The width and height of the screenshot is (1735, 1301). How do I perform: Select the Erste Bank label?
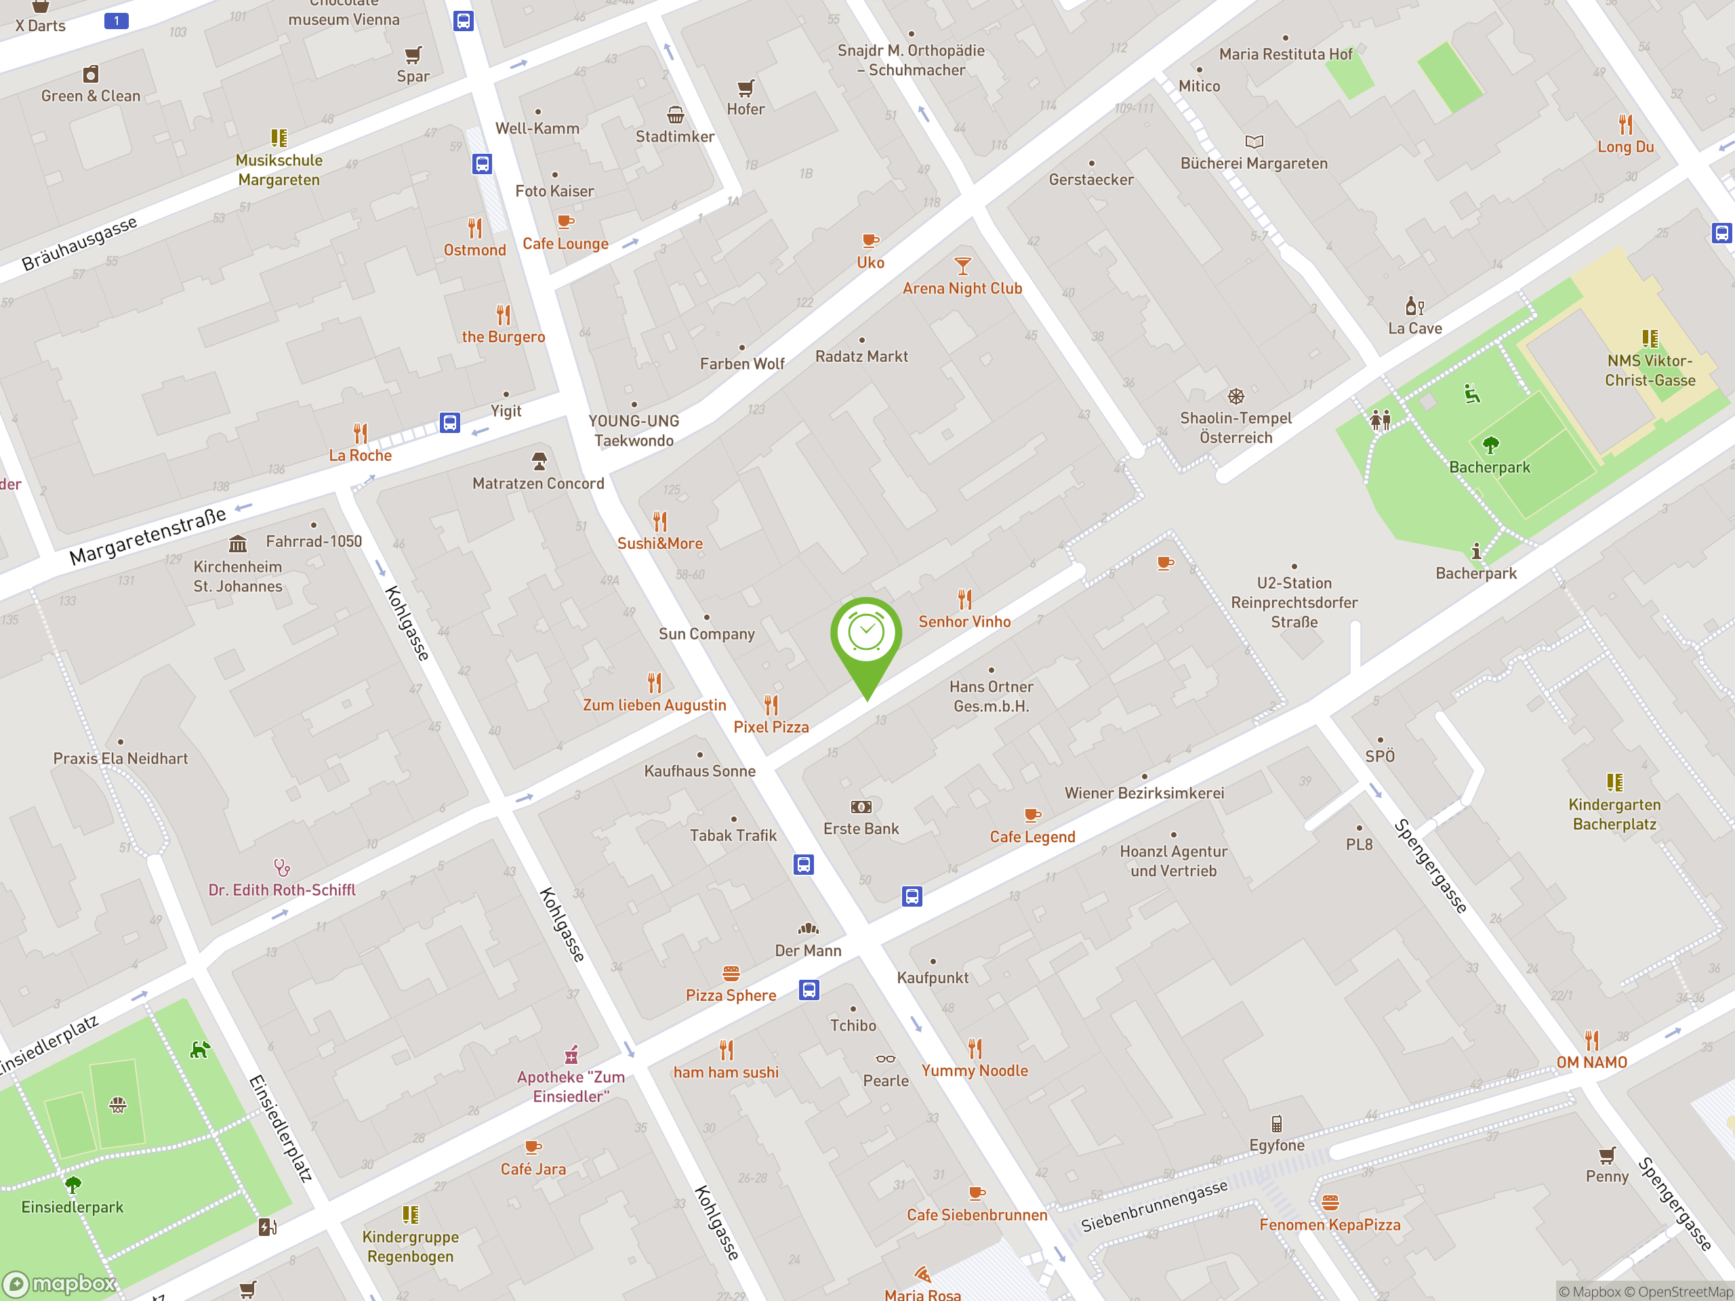pyautogui.click(x=861, y=829)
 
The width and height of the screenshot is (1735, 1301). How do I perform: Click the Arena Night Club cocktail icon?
pyautogui.click(x=962, y=266)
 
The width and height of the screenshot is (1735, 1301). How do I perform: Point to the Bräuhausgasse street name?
pyautogui.click(x=79, y=243)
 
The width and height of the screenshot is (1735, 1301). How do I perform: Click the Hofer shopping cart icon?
pyautogui.click(x=745, y=87)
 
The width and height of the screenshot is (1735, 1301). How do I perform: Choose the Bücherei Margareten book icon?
pyautogui.click(x=1254, y=142)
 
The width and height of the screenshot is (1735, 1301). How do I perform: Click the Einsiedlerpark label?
pyautogui.click(x=72, y=1207)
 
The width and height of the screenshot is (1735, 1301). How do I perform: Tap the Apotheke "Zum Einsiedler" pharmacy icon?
pyautogui.click(x=572, y=1054)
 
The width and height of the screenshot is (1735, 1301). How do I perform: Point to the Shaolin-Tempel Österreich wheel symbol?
pyautogui.click(x=1236, y=396)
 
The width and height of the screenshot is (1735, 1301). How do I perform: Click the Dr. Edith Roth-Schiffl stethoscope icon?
pyautogui.click(x=281, y=867)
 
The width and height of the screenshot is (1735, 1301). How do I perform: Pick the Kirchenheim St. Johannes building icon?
pyautogui.click(x=238, y=543)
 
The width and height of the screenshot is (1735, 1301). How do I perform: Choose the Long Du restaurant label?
pyautogui.click(x=1625, y=146)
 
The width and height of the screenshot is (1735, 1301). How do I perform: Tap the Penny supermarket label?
pyautogui.click(x=1606, y=1176)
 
